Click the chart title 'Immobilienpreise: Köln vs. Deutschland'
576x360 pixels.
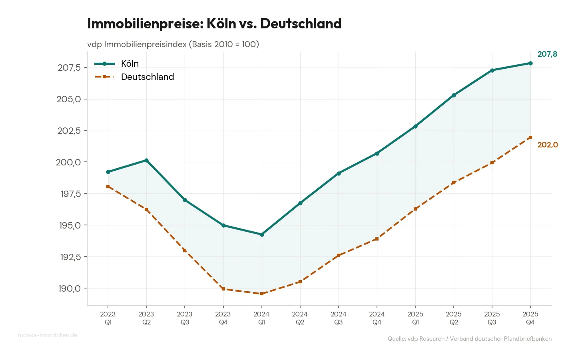(x=214, y=24)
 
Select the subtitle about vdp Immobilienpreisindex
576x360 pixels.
(x=173, y=44)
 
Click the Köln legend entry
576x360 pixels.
(x=130, y=64)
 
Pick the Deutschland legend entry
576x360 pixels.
(x=147, y=77)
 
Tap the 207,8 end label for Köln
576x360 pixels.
(x=547, y=54)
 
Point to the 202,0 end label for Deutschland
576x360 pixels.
(x=547, y=145)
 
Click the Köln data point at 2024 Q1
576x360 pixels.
(x=262, y=235)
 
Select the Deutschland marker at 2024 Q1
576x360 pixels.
(x=262, y=294)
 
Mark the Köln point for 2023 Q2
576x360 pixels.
(x=146, y=161)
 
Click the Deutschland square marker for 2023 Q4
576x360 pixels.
(x=223, y=289)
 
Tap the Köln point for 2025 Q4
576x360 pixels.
(x=530, y=63)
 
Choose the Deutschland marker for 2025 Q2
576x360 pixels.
(x=454, y=183)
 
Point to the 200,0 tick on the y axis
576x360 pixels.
(x=69, y=162)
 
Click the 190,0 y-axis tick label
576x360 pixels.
(x=69, y=288)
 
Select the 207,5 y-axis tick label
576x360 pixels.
(x=69, y=68)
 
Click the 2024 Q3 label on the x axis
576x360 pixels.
(x=339, y=318)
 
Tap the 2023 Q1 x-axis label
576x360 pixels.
(x=108, y=318)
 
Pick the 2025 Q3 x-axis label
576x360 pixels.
(x=492, y=318)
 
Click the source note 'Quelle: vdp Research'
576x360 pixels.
(x=469, y=339)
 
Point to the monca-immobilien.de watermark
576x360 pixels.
(x=48, y=335)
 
